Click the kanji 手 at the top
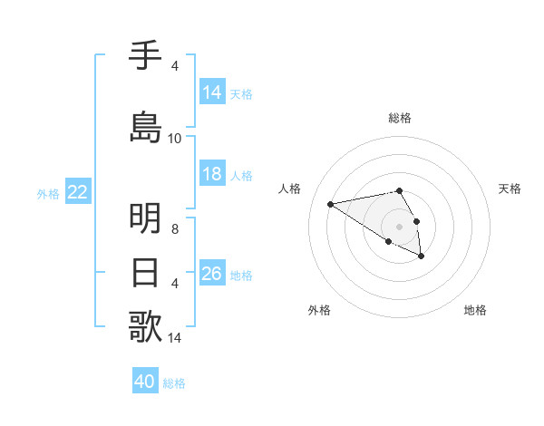(x=145, y=56)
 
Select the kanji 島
(x=145, y=126)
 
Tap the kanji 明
(x=145, y=218)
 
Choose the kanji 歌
(x=145, y=326)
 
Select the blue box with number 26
(x=212, y=274)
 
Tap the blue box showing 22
(x=78, y=192)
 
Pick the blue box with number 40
(x=145, y=382)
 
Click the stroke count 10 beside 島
(x=175, y=139)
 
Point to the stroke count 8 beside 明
(x=175, y=229)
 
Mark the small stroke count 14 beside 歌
(x=175, y=338)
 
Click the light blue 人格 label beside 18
(x=241, y=175)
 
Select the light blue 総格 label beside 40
(x=174, y=382)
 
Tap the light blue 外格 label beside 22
(x=48, y=193)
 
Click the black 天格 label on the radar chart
(x=510, y=189)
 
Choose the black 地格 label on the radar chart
(x=475, y=311)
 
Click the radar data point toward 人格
(x=331, y=203)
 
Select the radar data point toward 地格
(x=422, y=257)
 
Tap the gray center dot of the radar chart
(x=399, y=226)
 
